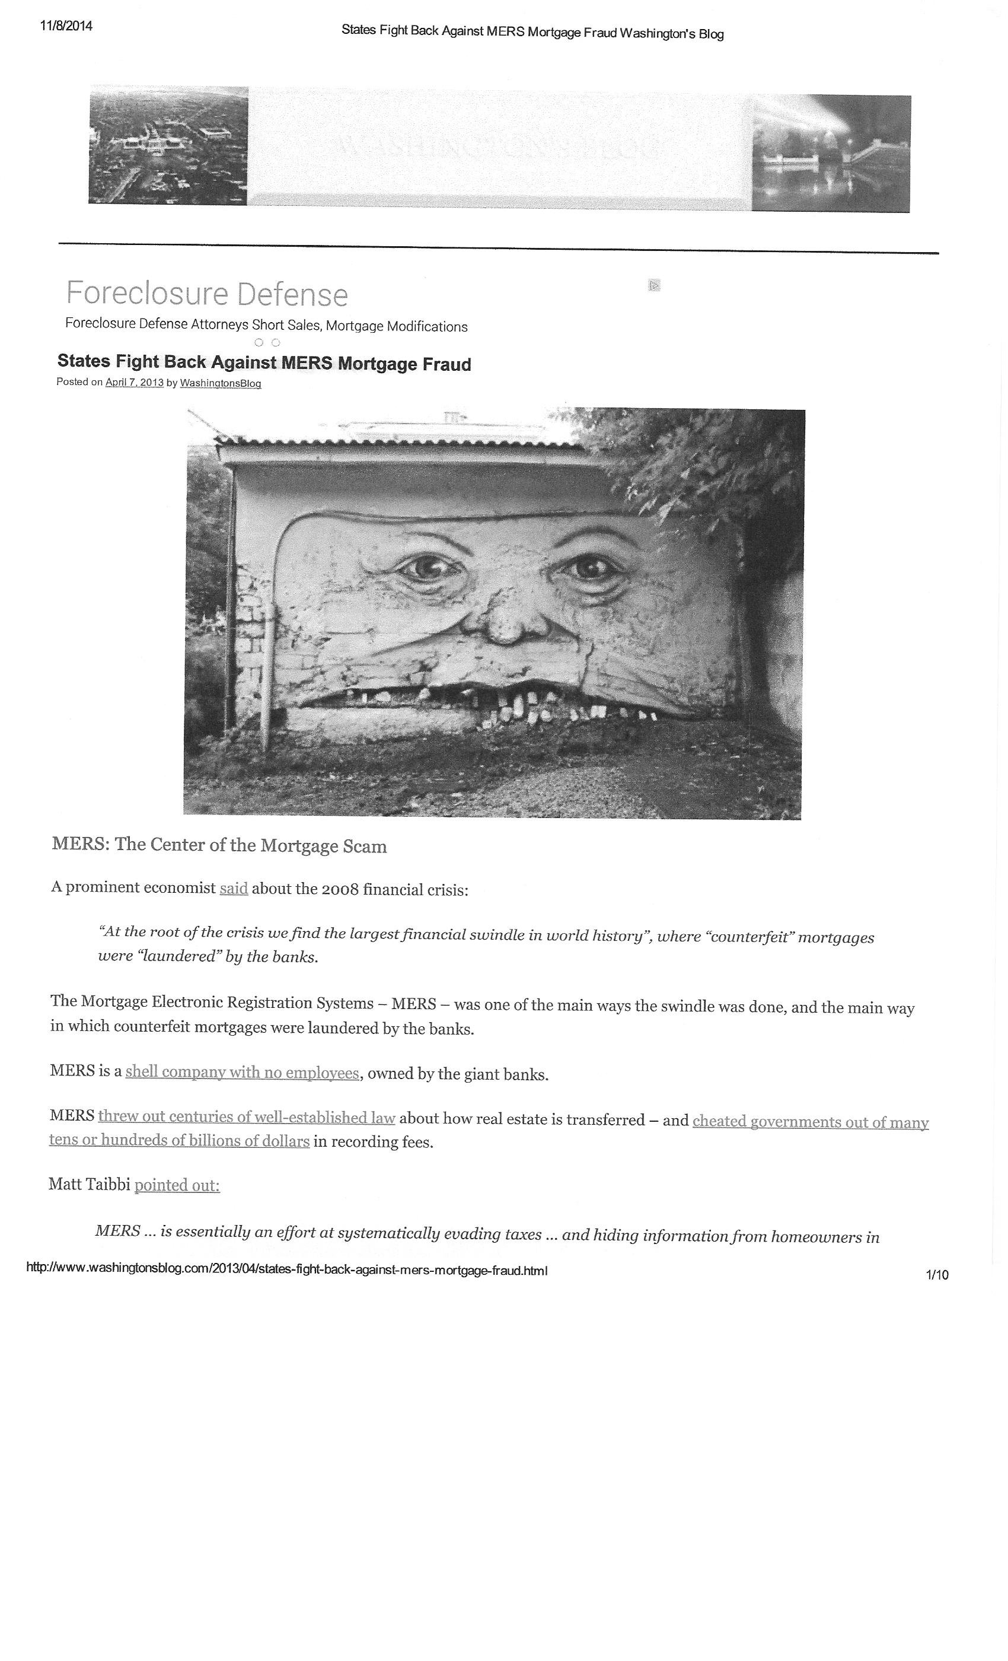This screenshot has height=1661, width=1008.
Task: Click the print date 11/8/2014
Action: [66, 26]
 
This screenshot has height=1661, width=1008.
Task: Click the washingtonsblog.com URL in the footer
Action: [286, 1270]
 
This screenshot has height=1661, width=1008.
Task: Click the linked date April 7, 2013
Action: [134, 382]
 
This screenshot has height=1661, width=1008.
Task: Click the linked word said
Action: [234, 888]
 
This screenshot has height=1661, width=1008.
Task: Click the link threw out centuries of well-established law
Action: [247, 1117]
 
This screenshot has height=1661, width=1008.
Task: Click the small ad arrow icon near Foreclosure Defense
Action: [653, 285]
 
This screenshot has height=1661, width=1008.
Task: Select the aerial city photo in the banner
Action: [168, 145]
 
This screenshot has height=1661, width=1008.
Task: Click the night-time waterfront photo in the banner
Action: [831, 154]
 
